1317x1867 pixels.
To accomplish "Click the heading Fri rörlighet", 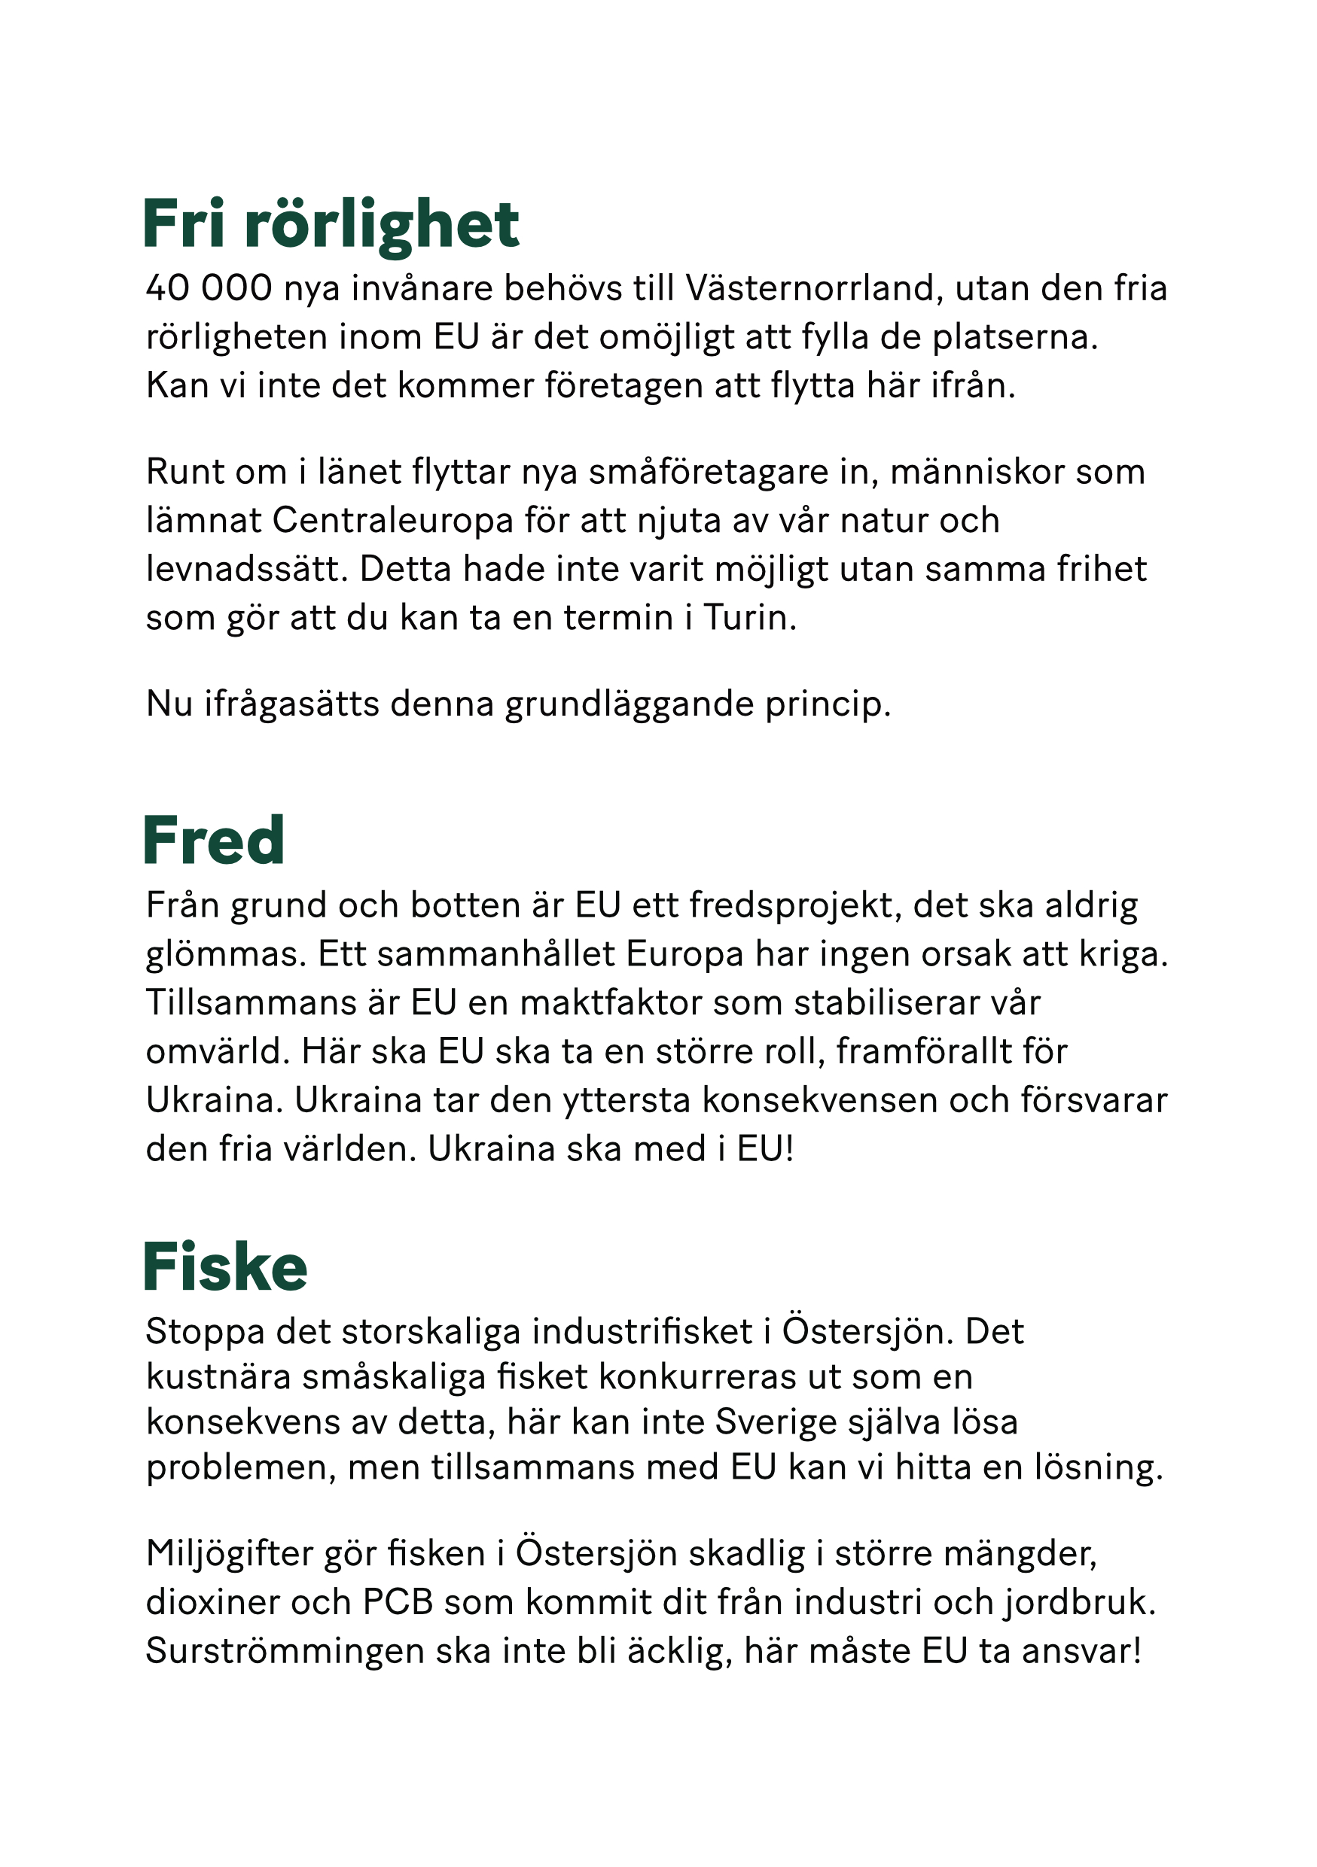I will point(331,224).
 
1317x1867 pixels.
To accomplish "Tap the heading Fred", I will point(213,841).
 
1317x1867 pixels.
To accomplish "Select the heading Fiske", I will point(225,1267).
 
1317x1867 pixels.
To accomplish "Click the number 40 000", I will point(209,289).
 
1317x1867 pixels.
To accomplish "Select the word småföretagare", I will point(700,473).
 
